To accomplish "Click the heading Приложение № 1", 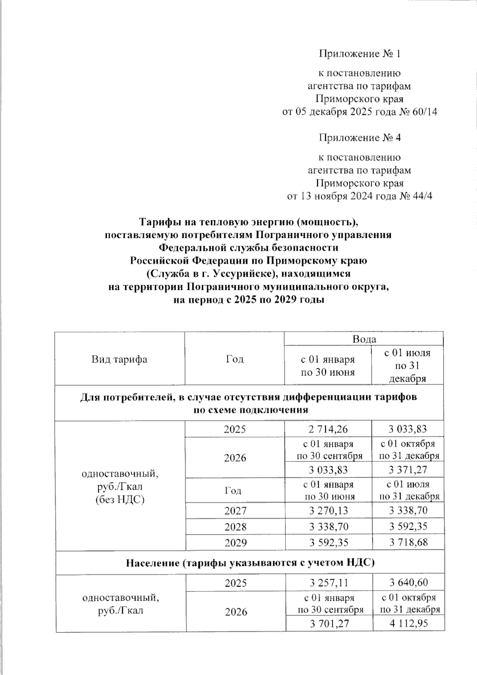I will click(359, 54).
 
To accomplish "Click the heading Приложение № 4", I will click(359, 138).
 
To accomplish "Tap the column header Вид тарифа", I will click(119, 360).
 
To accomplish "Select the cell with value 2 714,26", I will click(328, 430).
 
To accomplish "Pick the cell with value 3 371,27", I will click(408, 470).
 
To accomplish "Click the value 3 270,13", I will click(328, 511).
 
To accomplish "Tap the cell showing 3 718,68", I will click(408, 542).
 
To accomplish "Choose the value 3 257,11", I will click(329, 583).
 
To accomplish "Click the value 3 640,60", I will click(409, 583).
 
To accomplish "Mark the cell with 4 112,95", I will click(409, 624).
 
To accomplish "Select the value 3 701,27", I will click(329, 624).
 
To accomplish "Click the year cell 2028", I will click(235, 527).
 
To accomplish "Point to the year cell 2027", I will click(235, 511).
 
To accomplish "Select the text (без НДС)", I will click(119, 500).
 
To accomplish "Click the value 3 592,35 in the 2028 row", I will click(408, 527).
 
